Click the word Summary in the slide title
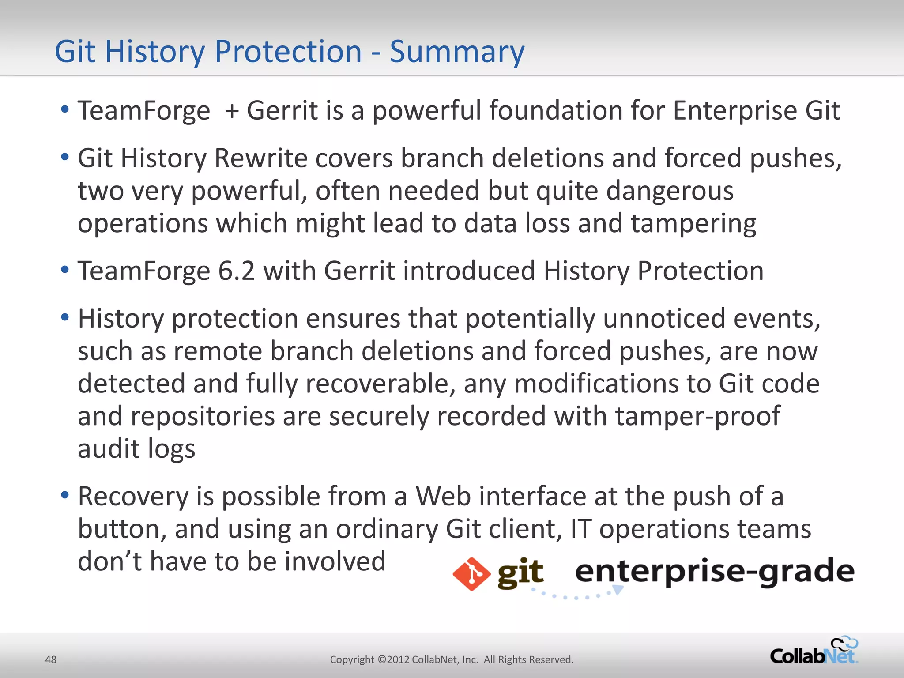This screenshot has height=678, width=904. click(457, 52)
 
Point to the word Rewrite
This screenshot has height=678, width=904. click(260, 158)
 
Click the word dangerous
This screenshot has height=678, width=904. click(670, 192)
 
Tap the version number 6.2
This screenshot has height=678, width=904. click(237, 271)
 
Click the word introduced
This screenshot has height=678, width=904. click(469, 271)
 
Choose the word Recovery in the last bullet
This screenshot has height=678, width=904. click(133, 497)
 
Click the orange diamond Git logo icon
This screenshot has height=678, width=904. click(471, 574)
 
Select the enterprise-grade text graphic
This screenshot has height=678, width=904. click(714, 572)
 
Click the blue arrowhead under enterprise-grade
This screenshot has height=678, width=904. click(618, 590)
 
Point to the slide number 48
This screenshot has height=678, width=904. click(51, 659)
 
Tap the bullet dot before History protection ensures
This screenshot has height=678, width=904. click(65, 317)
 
